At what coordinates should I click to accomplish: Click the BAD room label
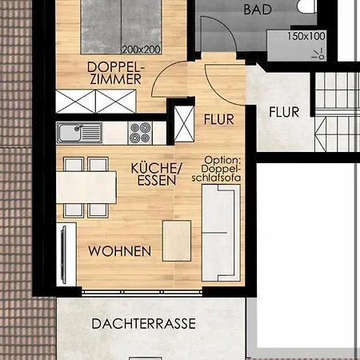tap(258, 10)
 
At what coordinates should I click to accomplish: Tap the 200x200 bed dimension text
tap(142, 50)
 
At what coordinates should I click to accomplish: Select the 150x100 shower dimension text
tap(306, 36)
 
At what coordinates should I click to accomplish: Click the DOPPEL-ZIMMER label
tap(115, 73)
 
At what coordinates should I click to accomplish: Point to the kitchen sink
tap(79, 133)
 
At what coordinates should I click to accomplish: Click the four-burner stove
tap(140, 133)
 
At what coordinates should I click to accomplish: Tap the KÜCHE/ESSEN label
tap(157, 174)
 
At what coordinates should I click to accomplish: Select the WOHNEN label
tap(120, 251)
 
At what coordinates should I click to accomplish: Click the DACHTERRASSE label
tap(144, 324)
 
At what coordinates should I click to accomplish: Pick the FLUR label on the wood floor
tap(219, 119)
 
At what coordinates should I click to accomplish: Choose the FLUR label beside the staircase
tap(284, 112)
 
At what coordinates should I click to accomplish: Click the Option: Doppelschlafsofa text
tap(216, 170)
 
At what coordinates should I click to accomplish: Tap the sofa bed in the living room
tap(221, 233)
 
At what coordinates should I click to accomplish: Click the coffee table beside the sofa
tap(177, 241)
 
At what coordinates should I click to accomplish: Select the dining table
tap(86, 187)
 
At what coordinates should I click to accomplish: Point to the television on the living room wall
tap(63, 254)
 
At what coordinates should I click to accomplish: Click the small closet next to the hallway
tap(184, 123)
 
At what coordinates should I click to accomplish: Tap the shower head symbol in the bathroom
tap(319, 54)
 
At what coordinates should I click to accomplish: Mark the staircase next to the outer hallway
tap(338, 112)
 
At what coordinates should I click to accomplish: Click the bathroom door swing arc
tap(226, 26)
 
